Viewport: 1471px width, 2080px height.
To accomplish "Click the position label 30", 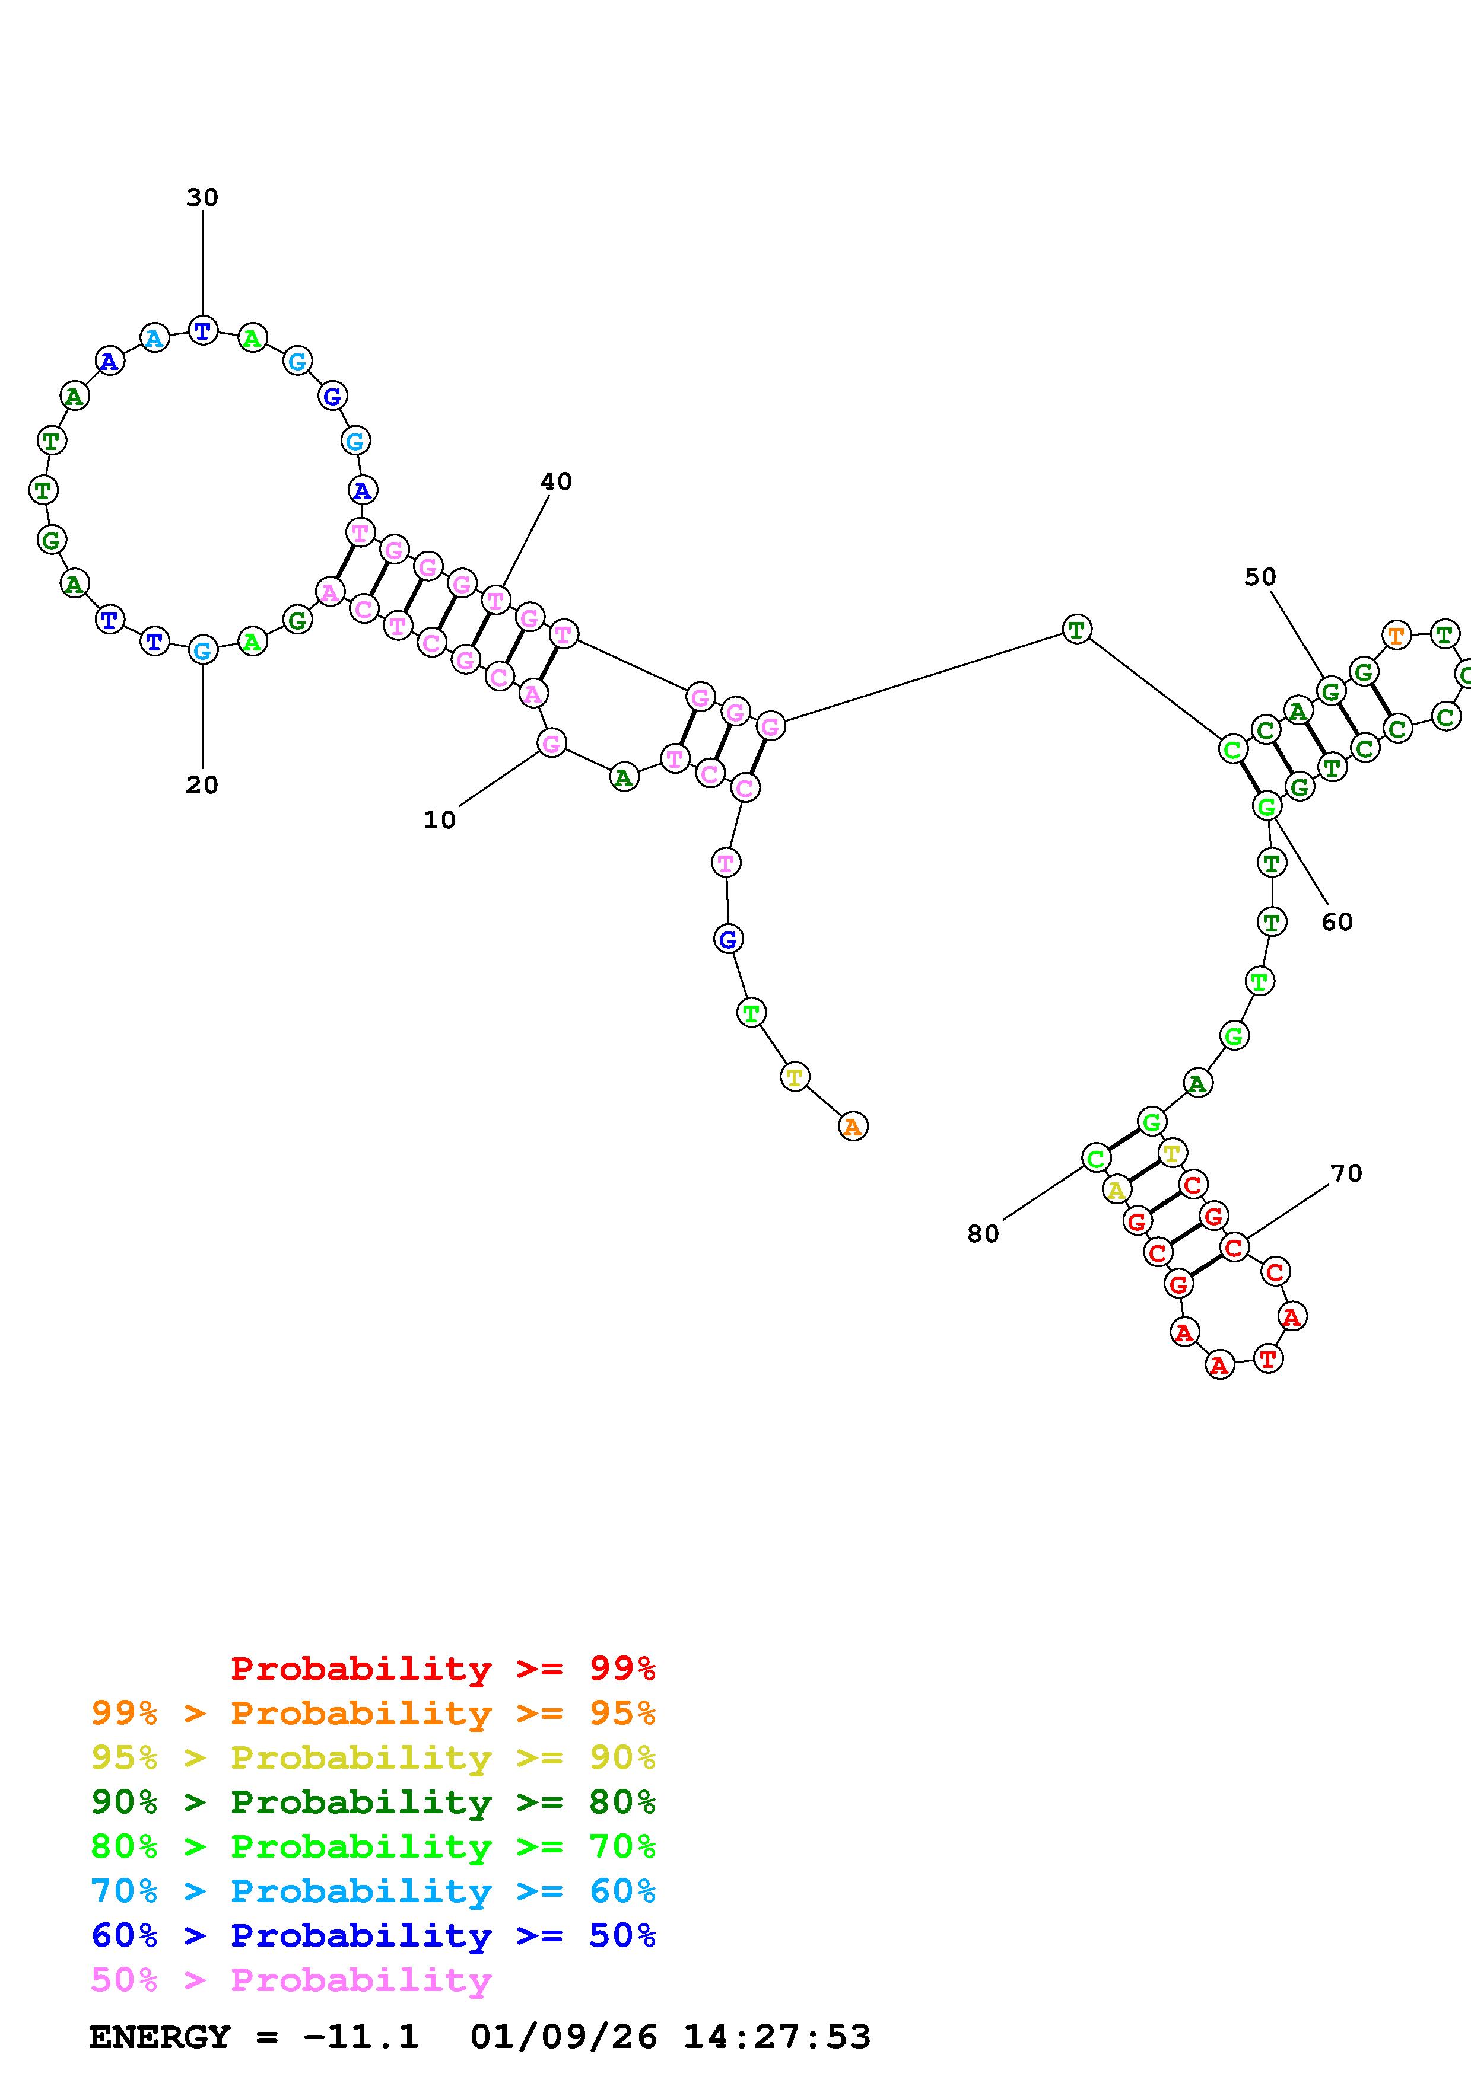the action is point(202,197).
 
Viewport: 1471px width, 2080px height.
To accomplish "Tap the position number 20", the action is point(202,784).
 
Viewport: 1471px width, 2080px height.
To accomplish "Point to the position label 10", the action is point(440,820).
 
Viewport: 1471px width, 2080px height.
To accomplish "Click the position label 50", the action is point(1260,577).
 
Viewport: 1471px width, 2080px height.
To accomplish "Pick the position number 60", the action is point(1337,922).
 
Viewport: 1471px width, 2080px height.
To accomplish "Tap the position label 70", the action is point(1346,1173).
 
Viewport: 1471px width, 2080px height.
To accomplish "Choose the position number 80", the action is point(983,1234).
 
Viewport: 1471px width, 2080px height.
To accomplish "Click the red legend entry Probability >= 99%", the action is point(443,1669).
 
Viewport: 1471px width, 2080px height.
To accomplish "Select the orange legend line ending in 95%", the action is point(373,1713).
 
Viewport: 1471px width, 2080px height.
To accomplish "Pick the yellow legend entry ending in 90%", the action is point(373,1757).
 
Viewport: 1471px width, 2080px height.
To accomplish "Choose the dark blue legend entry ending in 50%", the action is point(373,1935).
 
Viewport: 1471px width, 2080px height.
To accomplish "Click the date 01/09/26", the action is point(564,2037).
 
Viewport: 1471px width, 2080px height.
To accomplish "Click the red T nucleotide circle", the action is point(1268,1359).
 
